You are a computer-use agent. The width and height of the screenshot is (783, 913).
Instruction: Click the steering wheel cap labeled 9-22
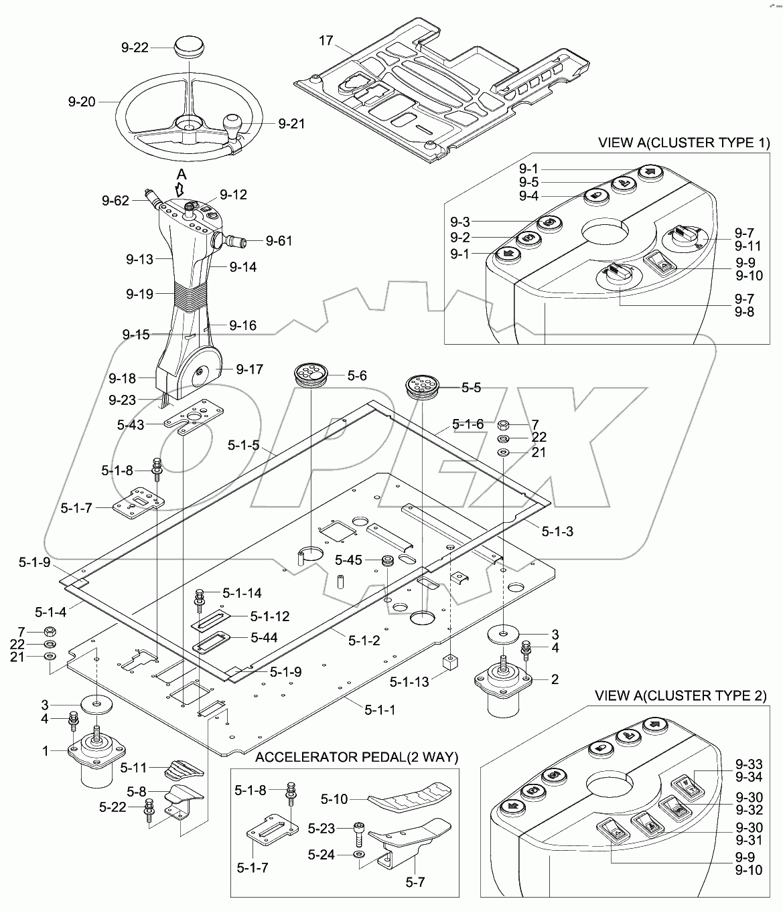(x=188, y=48)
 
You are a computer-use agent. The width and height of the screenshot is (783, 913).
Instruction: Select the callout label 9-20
(x=82, y=102)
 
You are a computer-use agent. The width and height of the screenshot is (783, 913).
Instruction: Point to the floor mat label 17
(x=326, y=41)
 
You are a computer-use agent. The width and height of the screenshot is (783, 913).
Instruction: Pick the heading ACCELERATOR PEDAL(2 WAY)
(x=356, y=757)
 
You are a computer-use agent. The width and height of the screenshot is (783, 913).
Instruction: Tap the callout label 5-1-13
(x=409, y=681)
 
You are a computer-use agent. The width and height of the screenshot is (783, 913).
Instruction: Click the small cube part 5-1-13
(x=450, y=663)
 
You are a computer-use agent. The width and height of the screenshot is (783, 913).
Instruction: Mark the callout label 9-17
(x=249, y=369)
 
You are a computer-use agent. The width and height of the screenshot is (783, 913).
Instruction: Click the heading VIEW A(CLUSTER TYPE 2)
(x=681, y=696)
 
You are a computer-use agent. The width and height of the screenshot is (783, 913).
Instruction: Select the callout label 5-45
(x=348, y=560)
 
